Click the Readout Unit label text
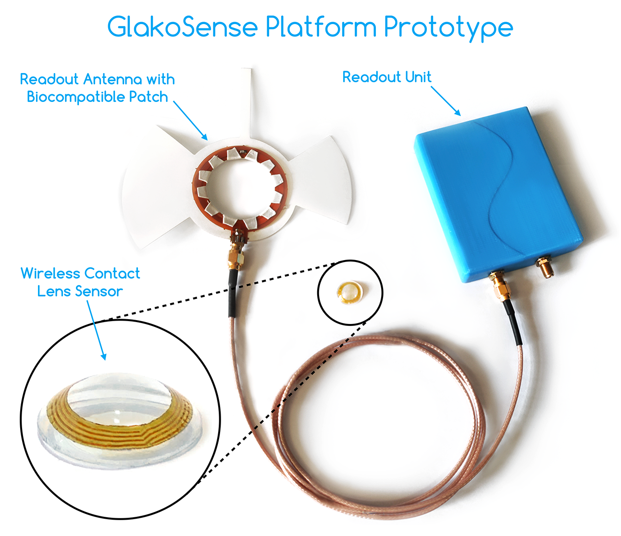point(386,77)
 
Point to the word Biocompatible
point(76,97)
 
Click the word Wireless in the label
point(50,274)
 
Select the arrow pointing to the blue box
point(446,101)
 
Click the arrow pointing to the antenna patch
point(190,120)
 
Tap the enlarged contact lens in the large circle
point(115,413)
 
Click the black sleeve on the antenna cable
point(233,293)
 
